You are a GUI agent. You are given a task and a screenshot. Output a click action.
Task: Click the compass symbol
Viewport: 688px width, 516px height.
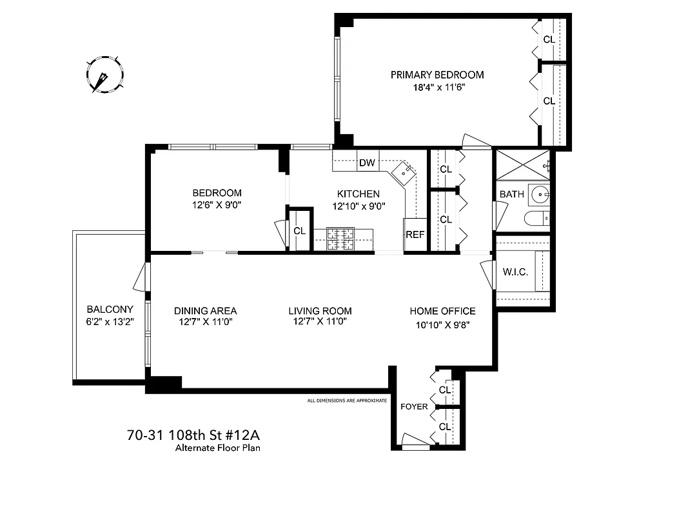[104, 74]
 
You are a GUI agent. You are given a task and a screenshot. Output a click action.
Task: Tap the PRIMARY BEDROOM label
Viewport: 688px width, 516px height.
[437, 75]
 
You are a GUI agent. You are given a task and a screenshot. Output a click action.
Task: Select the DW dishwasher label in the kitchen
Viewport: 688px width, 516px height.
[367, 163]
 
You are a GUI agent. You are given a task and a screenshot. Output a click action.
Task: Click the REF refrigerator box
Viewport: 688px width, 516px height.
[415, 235]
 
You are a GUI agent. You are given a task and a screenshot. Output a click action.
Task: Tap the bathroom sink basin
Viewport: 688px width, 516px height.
[538, 193]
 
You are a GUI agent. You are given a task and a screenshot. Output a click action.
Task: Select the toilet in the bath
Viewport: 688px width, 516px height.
[536, 219]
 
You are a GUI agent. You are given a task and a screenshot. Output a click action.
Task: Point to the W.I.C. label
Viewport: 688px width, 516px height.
[515, 272]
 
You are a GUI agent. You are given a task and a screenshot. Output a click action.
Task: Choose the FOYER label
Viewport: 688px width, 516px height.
[414, 406]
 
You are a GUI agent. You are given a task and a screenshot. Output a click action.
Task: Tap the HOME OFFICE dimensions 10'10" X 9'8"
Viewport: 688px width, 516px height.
[442, 325]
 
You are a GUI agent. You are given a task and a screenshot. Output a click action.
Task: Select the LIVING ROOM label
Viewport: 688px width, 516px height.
[320, 311]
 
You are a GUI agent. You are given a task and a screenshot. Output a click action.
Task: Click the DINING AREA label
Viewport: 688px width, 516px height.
[205, 311]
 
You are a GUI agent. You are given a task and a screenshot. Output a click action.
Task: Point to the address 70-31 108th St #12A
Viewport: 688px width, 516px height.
[192, 435]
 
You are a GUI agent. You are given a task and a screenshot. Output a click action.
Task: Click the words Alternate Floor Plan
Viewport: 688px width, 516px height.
[218, 448]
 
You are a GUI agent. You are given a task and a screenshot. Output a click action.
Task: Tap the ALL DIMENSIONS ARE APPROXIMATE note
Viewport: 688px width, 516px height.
[347, 401]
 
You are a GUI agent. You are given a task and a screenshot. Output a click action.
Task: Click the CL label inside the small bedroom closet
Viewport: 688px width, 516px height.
[299, 230]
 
